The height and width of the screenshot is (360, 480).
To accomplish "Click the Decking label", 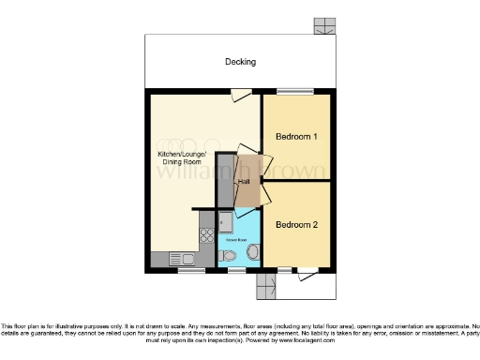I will tap(240, 62).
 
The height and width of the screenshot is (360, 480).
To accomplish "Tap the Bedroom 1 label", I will tap(296, 137).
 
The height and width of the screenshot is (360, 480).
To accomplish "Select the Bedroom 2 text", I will tap(296, 225).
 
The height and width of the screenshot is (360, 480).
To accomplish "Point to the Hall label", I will tap(244, 181).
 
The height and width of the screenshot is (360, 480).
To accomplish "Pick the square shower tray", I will tap(226, 223).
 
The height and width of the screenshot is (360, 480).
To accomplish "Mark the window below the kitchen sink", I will tap(190, 270).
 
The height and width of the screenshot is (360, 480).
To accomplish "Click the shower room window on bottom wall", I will tap(237, 270).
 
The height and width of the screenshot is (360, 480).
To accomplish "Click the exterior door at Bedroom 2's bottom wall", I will tap(307, 274).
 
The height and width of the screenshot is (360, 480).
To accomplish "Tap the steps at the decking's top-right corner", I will tap(324, 26).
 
